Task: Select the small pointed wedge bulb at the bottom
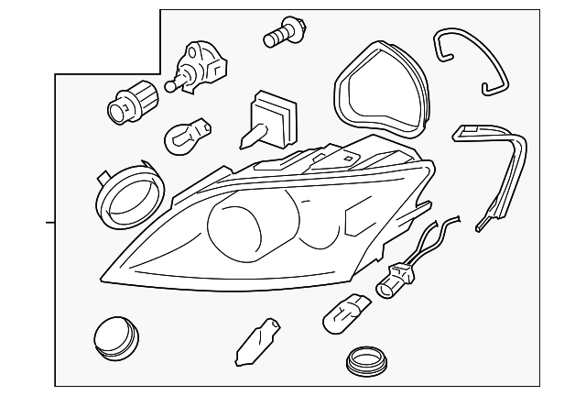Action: pos(253,341)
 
